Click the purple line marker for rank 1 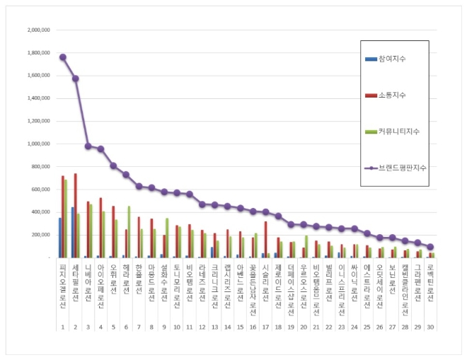pos(62,57)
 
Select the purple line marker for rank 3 pos(88,146)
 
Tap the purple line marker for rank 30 pos(430,247)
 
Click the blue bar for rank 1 pos(59,238)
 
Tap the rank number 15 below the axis pos(241,327)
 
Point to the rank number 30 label pos(431,327)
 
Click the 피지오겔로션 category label pos(62,283)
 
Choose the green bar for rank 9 pos(167,238)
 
